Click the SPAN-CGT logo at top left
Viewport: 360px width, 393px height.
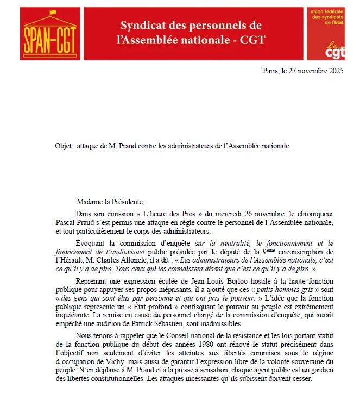point(48,33)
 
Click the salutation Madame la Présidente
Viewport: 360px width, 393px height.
point(110,202)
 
